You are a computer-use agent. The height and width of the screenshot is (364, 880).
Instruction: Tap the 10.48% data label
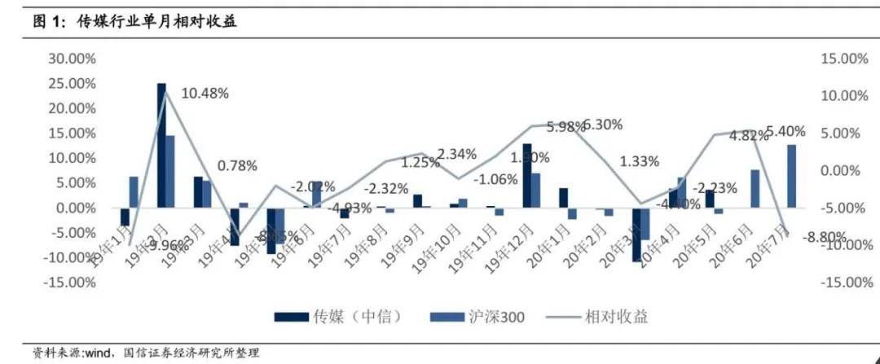point(205,93)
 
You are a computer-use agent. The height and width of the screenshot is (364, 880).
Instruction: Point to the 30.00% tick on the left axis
point(73,59)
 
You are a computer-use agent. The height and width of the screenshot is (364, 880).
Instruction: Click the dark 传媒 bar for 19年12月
point(526,175)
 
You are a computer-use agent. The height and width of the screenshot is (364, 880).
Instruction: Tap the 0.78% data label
point(237,165)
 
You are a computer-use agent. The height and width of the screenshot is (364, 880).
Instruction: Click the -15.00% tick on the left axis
point(73,283)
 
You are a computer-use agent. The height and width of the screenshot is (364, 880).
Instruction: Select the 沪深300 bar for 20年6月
point(755,188)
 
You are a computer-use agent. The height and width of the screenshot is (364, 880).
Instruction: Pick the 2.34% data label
point(457,154)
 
